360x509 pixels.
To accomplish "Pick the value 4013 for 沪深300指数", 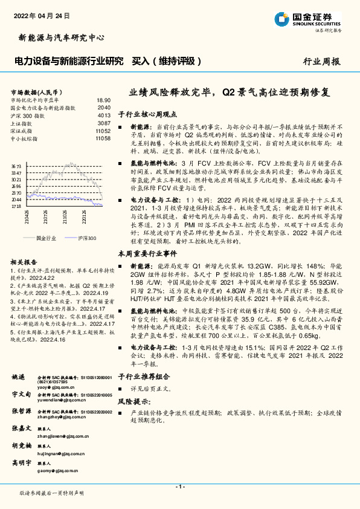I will pyautogui.click(x=103, y=115).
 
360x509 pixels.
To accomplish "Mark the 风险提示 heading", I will pyautogui.click(x=133, y=400).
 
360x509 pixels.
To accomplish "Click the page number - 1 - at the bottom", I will pyautogui.click(x=179, y=486).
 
